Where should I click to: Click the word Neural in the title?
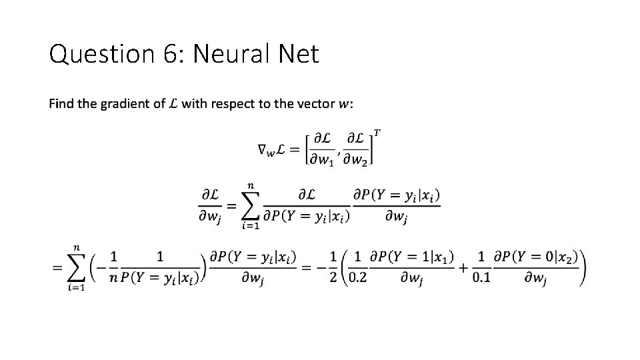pyautogui.click(x=231, y=53)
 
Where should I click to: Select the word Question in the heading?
pyautogui.click(x=101, y=54)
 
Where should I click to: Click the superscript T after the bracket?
pyautogui.click(x=377, y=133)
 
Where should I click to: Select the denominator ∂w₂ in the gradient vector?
pyautogui.click(x=356, y=159)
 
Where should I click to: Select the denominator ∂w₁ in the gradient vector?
pyautogui.click(x=321, y=159)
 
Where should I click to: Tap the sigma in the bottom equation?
pyautogui.click(x=76, y=268)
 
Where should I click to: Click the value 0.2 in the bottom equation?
pyautogui.click(x=358, y=278)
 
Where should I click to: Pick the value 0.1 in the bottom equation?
pyautogui.click(x=481, y=278)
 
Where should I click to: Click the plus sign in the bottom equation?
pyautogui.click(x=463, y=268)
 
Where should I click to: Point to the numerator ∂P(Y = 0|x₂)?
pyautogui.click(x=536, y=257)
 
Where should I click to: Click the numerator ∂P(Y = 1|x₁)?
pyautogui.click(x=412, y=257)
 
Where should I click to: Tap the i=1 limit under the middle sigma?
pyautogui.click(x=251, y=226)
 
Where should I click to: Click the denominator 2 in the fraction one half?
pyautogui.click(x=333, y=278)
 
